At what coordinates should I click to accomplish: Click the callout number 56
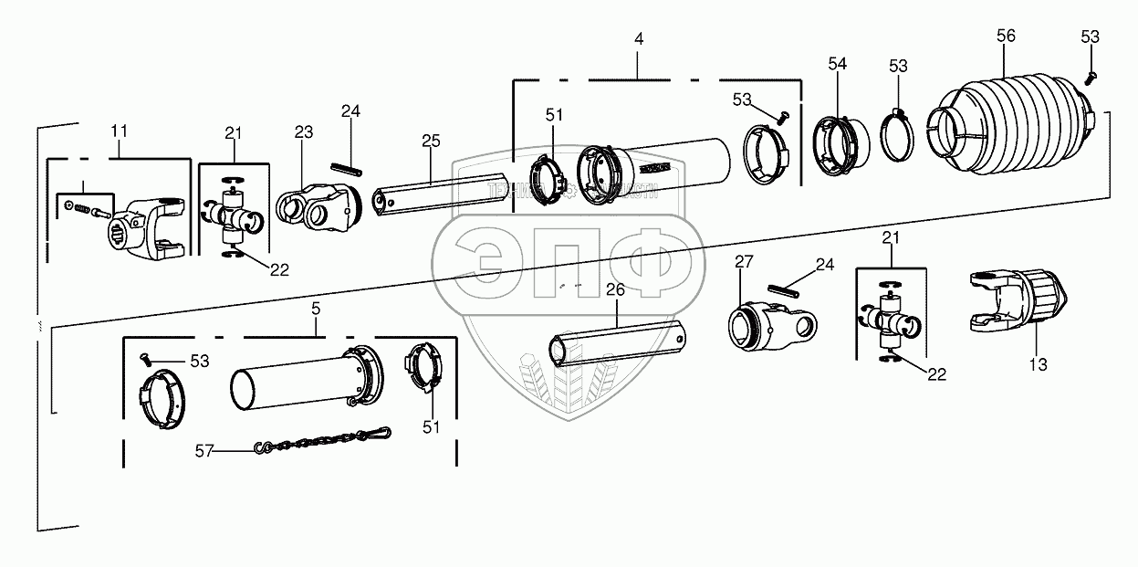[1005, 36]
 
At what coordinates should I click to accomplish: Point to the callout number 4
[639, 41]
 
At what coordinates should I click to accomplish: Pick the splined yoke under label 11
[146, 229]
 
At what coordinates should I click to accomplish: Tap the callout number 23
[304, 133]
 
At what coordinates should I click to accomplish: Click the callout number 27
[745, 263]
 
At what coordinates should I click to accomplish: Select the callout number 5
[316, 310]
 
